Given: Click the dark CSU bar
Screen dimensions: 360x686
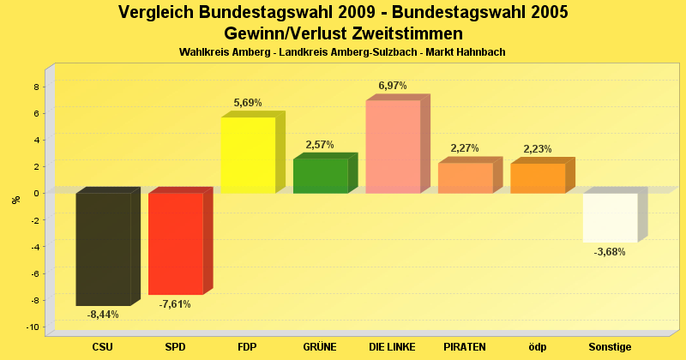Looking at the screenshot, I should coord(103,249).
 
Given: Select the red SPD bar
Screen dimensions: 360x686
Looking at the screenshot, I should coord(175,243).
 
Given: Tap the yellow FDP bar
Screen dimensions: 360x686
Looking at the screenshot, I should coord(248,155).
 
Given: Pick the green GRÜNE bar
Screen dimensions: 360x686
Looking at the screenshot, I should coord(320,176).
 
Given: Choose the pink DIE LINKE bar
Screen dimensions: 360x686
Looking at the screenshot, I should coord(393,147).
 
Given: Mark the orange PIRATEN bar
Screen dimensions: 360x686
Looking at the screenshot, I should coord(465,177).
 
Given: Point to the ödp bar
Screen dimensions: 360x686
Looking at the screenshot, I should coord(538,177).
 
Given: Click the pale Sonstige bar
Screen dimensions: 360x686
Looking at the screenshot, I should coord(610,218).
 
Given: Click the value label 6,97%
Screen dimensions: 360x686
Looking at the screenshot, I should coord(393,86).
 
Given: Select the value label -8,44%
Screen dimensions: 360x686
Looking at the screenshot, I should coord(103,315).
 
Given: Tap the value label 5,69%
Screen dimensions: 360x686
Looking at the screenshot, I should coord(248,103).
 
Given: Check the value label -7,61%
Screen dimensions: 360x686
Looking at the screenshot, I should coord(175,303).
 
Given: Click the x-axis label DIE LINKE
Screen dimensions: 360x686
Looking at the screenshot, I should coord(393,347).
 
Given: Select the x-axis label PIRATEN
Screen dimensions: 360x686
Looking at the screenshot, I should coord(465,347).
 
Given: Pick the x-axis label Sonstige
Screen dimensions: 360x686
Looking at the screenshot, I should coord(610,347).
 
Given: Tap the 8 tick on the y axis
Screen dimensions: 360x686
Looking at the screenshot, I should coord(36,87).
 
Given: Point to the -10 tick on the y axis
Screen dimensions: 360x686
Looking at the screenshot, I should coord(33,327).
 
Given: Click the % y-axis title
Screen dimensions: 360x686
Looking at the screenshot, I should coord(15,199).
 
